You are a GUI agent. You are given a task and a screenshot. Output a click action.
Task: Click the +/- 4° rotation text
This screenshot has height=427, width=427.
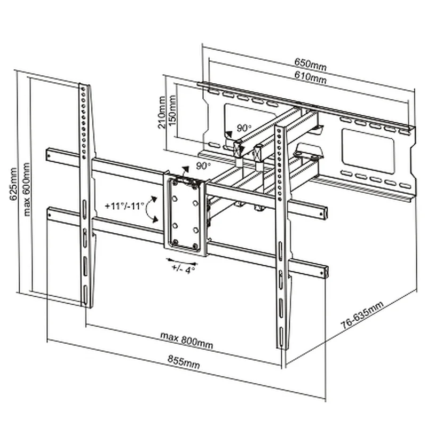(184, 270)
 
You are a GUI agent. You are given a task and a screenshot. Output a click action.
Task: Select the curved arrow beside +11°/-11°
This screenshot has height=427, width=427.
(152, 208)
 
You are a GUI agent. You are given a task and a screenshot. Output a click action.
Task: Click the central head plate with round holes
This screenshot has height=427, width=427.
(185, 213)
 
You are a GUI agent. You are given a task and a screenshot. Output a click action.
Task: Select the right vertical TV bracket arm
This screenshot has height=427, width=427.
(281, 235)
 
